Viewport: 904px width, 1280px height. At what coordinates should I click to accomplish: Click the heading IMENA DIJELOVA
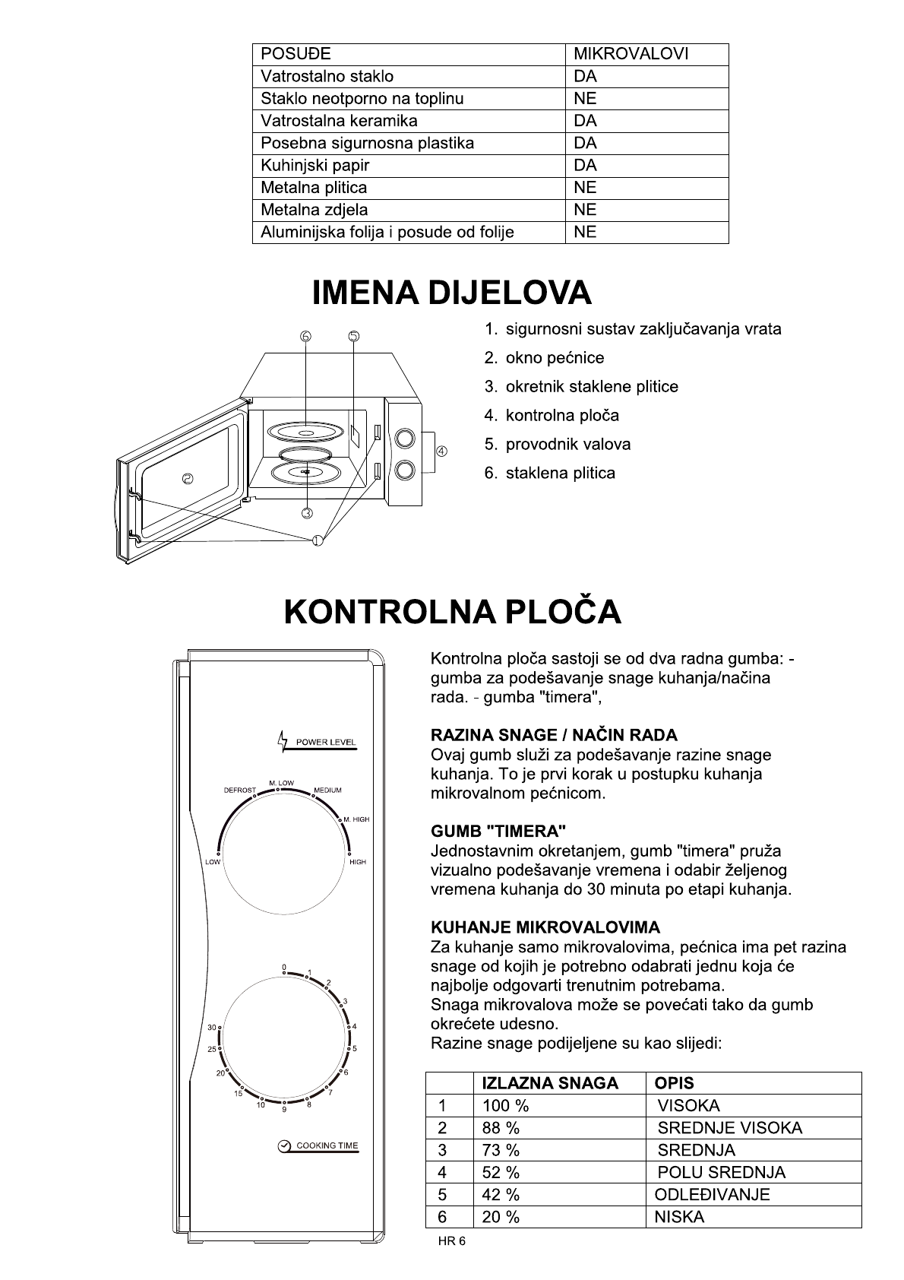click(x=451, y=293)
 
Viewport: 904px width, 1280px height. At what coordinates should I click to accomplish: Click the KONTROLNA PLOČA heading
click(x=452, y=613)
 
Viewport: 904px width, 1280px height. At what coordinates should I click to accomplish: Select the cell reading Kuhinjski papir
click(x=315, y=166)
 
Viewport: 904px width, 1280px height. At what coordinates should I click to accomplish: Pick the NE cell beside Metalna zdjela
click(x=585, y=210)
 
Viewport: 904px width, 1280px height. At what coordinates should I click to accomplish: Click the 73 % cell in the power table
click(x=501, y=1150)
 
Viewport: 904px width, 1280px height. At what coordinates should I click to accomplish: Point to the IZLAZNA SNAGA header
click(x=550, y=1083)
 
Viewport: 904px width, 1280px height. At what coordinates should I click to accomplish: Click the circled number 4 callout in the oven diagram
click(x=441, y=451)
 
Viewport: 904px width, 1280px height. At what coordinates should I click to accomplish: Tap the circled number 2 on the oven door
click(x=188, y=478)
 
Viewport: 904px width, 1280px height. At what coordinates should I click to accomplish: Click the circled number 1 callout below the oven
click(x=317, y=540)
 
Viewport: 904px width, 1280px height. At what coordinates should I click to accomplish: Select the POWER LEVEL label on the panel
click(x=325, y=742)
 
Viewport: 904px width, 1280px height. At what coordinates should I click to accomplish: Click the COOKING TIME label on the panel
click(x=327, y=1145)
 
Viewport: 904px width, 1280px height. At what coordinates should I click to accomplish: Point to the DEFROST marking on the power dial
click(x=239, y=790)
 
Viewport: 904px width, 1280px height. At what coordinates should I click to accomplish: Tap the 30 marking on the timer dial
click(x=212, y=1028)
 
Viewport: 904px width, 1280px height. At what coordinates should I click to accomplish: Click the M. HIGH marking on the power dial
click(x=356, y=819)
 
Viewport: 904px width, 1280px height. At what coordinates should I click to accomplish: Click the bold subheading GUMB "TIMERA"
click(x=498, y=832)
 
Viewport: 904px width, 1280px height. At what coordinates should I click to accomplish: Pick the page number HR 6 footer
click(x=451, y=1241)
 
